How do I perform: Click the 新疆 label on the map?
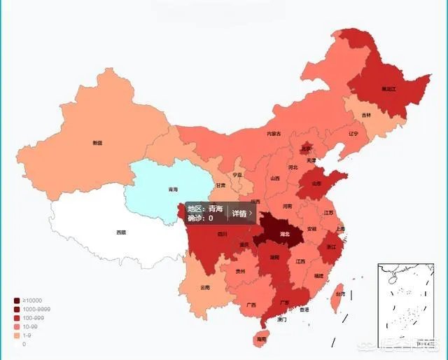(x=97, y=143)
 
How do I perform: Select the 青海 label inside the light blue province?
(x=172, y=190)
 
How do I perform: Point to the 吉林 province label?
(x=366, y=115)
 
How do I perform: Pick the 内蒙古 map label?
(x=274, y=134)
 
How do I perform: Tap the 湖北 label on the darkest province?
(x=285, y=235)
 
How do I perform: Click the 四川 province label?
(x=223, y=234)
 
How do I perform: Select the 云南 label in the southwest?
(x=205, y=288)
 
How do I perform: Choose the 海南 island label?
(x=261, y=339)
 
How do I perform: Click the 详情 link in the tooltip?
(x=241, y=214)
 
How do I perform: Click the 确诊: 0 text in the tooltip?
(x=200, y=219)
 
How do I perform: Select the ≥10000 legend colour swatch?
(x=17, y=300)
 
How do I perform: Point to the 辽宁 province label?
(x=353, y=133)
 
